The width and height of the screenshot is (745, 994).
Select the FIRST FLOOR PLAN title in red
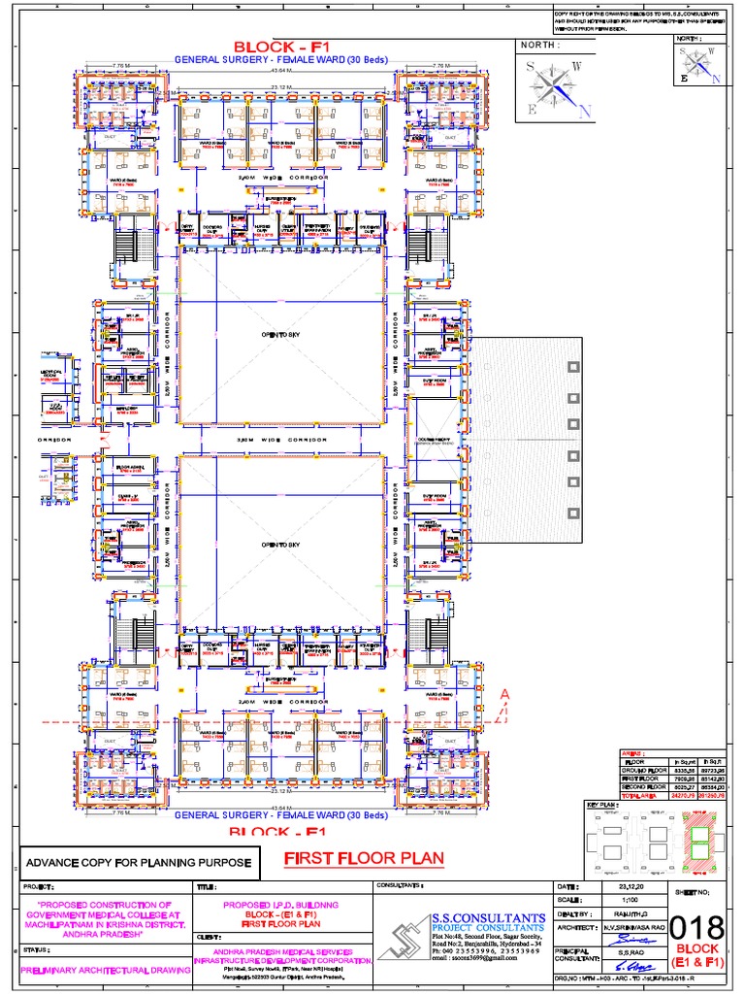[x=364, y=858]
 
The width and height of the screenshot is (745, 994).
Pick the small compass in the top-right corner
[x=699, y=65]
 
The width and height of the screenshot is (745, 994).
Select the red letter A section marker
[x=503, y=694]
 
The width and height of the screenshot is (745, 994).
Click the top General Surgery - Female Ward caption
[x=280, y=60]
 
